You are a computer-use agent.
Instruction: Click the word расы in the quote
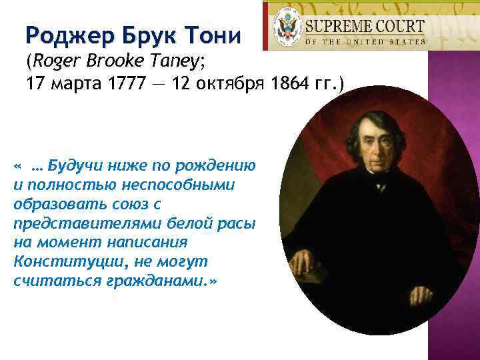click(239, 222)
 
